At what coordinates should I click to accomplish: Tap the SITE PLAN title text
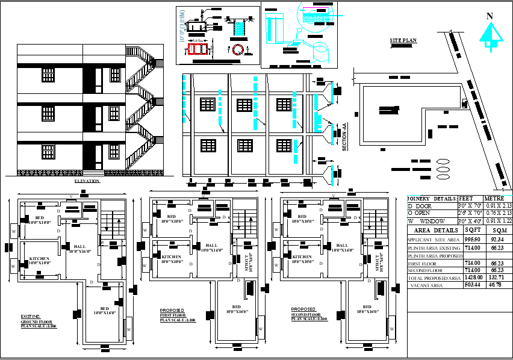pos(403,40)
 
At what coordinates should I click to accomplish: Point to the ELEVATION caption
pos(87,181)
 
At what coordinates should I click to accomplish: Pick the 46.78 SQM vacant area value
pos(497,285)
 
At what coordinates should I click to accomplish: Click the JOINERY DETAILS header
pos(432,198)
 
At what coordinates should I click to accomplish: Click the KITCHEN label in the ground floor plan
pos(39,260)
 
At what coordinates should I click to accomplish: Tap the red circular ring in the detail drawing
pos(238,49)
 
